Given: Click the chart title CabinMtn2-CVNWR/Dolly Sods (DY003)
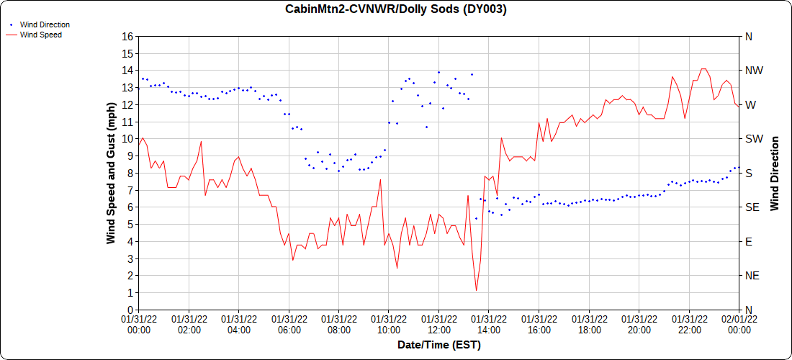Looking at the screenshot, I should click(396, 9).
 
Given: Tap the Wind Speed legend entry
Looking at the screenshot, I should click(40, 35).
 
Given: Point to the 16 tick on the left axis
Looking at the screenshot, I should click(127, 37).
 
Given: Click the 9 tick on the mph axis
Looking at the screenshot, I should click(130, 156).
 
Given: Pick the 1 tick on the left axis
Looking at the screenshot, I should click(130, 293).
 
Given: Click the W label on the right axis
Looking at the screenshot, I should click(750, 105).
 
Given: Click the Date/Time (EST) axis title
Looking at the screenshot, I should click(439, 345).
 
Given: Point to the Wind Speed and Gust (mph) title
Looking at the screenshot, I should click(111, 173).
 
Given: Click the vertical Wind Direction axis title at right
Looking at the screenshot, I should click(775, 173).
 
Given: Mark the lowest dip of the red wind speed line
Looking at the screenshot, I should click(477, 291).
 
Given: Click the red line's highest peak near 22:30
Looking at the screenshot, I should click(703, 69).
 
